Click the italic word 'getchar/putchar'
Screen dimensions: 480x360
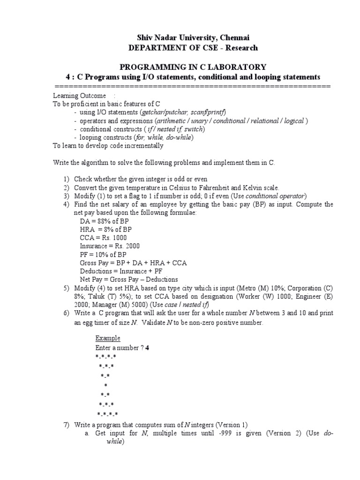tap(164, 112)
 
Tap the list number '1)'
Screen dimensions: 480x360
tap(66, 180)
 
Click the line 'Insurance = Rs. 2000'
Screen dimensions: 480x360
tap(110, 246)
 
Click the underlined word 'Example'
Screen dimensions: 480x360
tap(108, 338)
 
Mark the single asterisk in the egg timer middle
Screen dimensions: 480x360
tap(105, 385)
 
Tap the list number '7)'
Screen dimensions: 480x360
tap(66, 425)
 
